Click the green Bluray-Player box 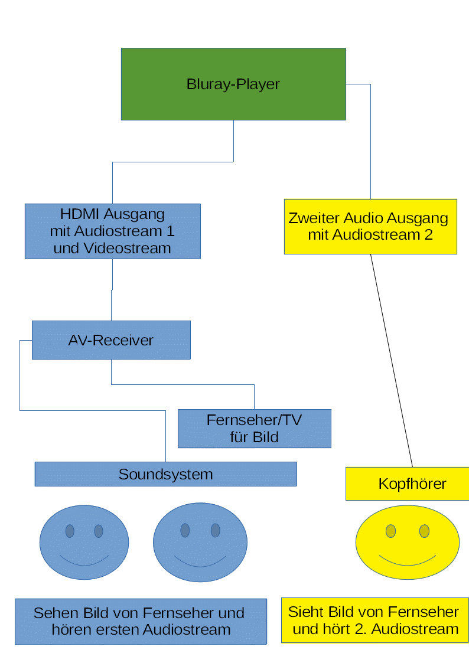tap(233, 84)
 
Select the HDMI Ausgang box tap(112, 231)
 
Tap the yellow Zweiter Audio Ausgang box tap(370, 227)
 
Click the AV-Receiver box tap(111, 340)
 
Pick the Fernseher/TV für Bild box tap(254, 429)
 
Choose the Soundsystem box tap(165, 474)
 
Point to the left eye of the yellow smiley tap(390, 531)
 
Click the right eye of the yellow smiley tap(424, 531)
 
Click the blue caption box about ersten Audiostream tap(141, 621)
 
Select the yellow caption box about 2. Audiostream tap(375, 620)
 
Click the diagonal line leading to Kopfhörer tap(391, 360)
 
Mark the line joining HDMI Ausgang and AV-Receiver tap(112, 289)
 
